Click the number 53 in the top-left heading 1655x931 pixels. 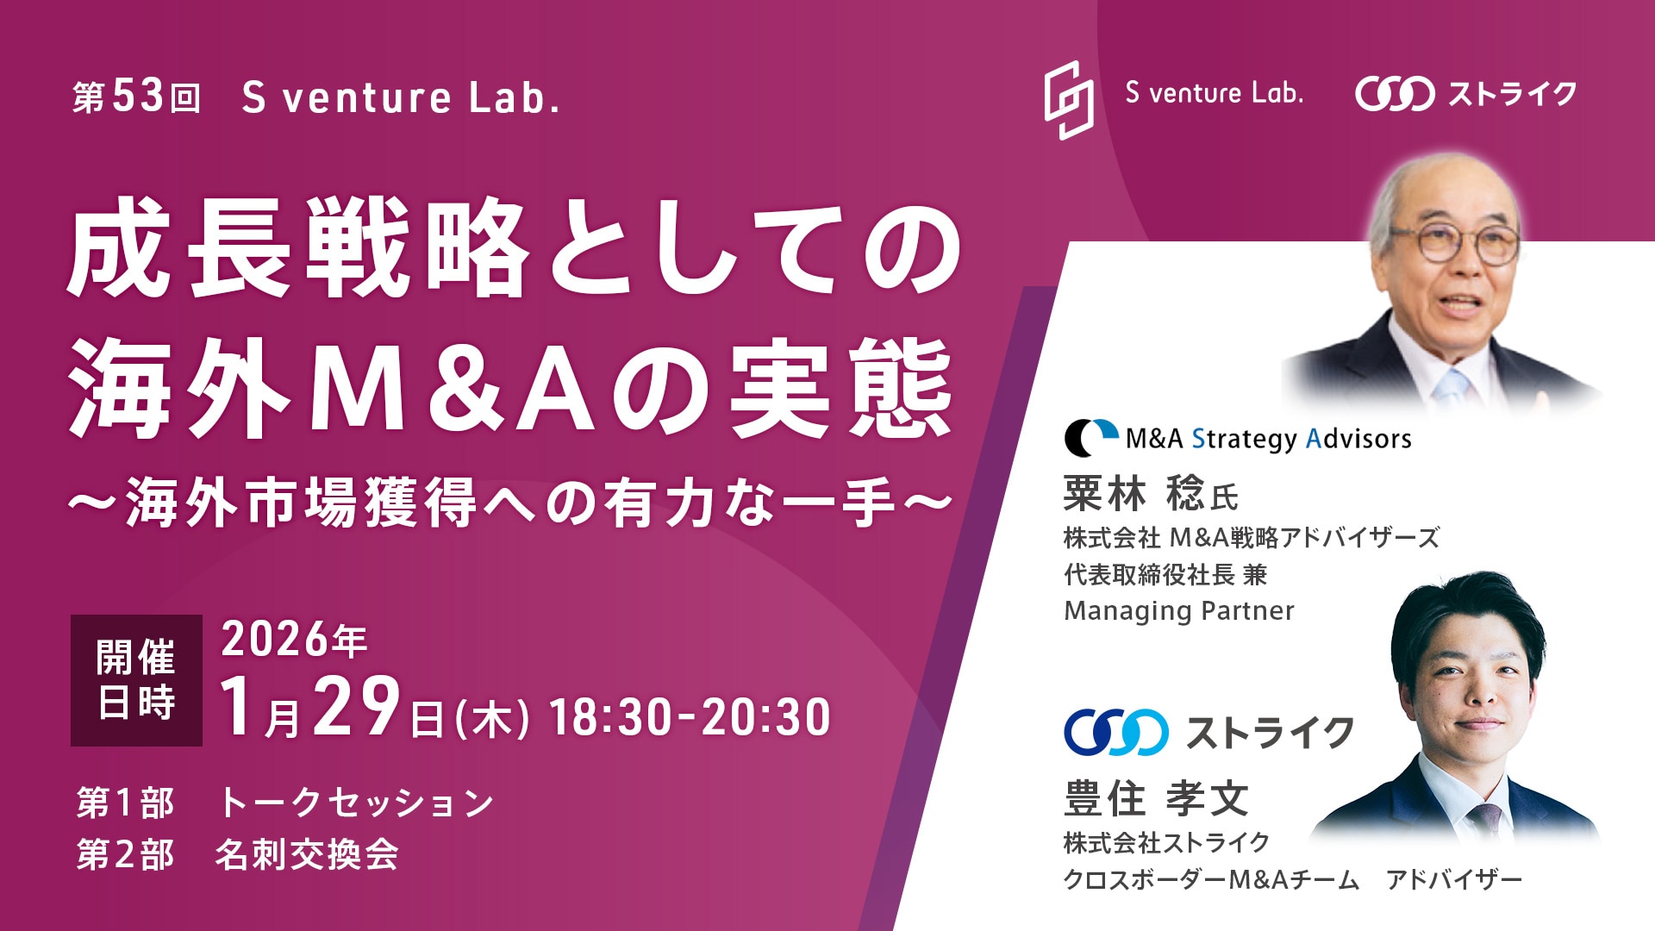coord(138,96)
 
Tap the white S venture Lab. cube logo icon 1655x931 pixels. coord(1068,100)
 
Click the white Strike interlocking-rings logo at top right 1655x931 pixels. coord(1394,94)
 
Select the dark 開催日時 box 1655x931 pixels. coord(136,680)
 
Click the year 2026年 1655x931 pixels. coord(294,640)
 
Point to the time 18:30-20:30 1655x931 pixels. coord(690,717)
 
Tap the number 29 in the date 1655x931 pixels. coord(356,707)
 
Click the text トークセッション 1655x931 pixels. coord(356,803)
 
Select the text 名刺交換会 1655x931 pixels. coord(307,854)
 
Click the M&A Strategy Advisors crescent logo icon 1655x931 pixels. coord(1090,438)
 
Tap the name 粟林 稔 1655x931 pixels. coord(1133,494)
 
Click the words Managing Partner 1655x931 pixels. coord(1179,611)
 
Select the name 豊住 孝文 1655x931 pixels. coord(1156,798)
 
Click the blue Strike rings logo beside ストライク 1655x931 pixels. coord(1116,733)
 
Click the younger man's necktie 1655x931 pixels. coord(1485,819)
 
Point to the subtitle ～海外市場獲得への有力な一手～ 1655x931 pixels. coord(511,503)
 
